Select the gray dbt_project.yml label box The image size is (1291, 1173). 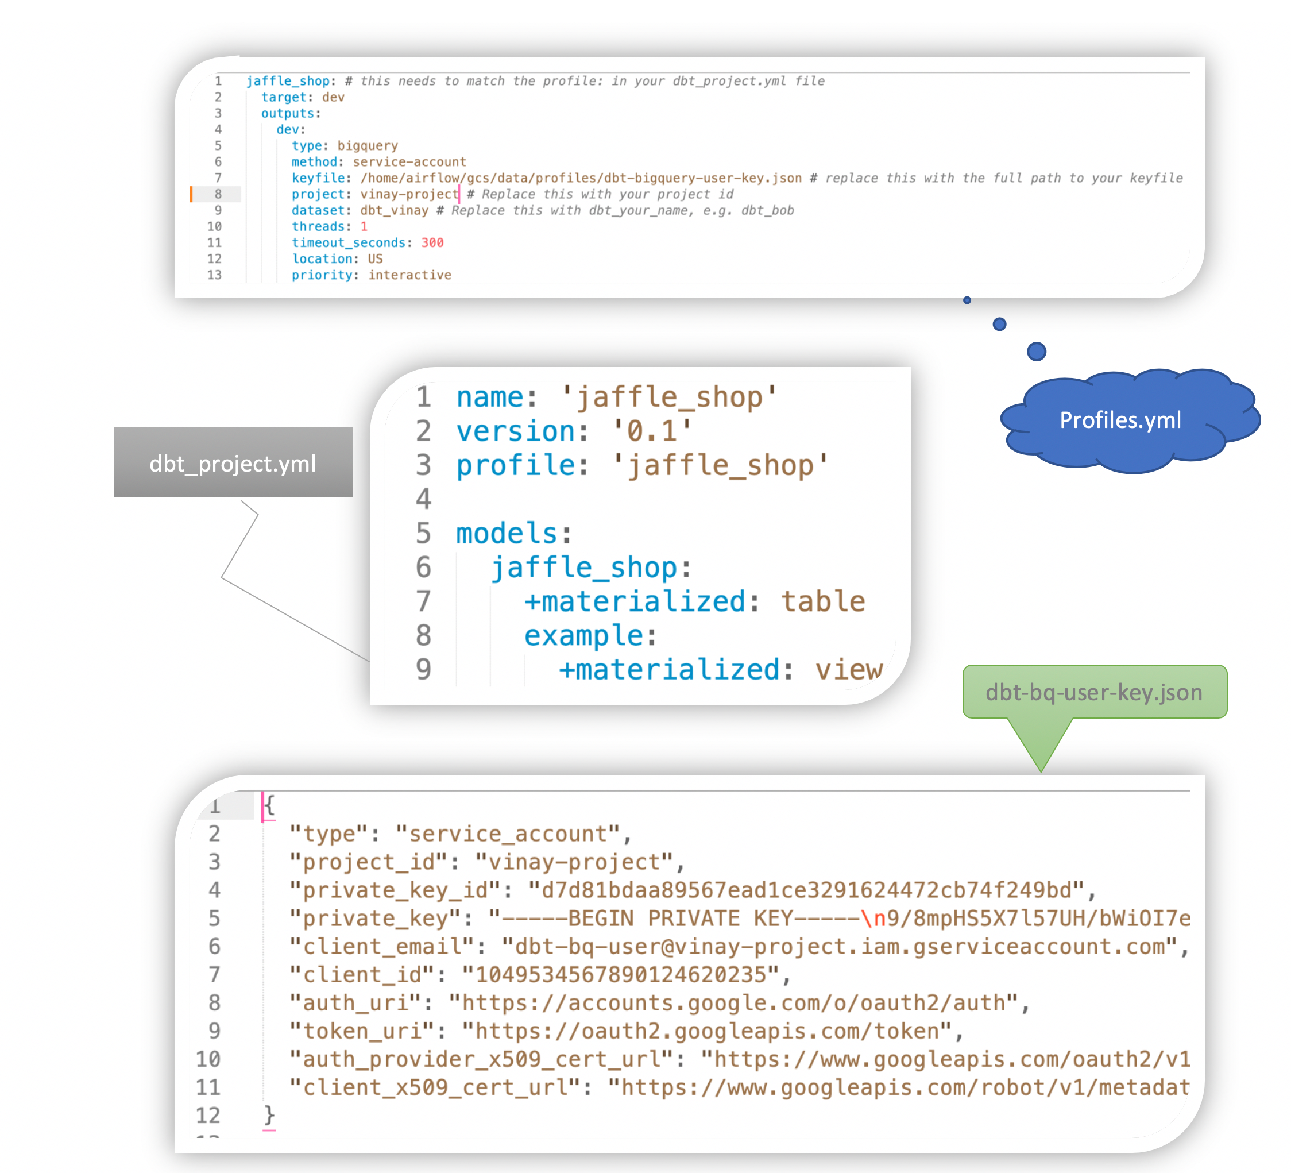click(233, 462)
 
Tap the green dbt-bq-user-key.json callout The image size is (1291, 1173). click(1094, 692)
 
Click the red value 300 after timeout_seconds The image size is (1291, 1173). click(432, 243)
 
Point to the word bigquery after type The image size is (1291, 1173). click(368, 146)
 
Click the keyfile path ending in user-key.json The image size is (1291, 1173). click(580, 178)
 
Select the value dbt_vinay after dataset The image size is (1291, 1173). click(394, 211)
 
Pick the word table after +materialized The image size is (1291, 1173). click(823, 601)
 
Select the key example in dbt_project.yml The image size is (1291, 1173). click(584, 635)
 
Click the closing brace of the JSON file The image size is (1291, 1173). click(269, 1115)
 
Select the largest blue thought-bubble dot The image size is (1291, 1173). click(1036, 351)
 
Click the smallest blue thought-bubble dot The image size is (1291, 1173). click(967, 300)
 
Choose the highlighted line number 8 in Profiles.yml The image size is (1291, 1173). click(218, 194)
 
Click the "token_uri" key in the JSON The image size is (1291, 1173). click(362, 1031)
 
